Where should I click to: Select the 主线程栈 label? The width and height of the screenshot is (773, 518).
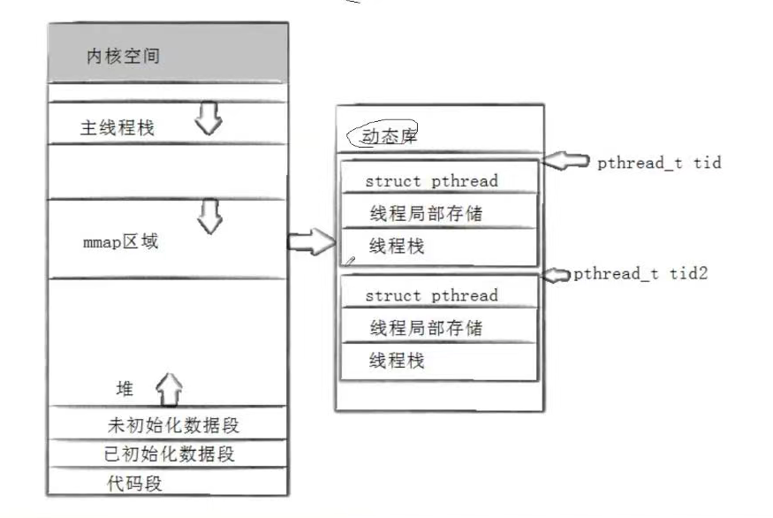pos(117,128)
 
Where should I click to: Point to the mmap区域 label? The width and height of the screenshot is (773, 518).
pos(121,241)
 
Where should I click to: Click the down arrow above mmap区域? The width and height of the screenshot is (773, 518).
pos(208,217)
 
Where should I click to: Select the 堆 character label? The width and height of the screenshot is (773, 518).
pos(125,389)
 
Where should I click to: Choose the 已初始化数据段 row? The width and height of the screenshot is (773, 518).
pos(170,454)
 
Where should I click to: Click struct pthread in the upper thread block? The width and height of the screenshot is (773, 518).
pos(431,181)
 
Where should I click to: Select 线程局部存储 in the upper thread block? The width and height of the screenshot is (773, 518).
pos(426,214)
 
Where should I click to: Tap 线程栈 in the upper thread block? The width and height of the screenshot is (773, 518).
pos(397,246)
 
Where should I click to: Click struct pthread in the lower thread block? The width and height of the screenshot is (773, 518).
pos(431,295)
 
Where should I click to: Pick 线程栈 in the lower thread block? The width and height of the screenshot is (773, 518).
pos(397,361)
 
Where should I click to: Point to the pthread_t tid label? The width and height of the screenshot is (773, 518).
pos(659,163)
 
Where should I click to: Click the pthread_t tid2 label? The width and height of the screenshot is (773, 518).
pos(640,273)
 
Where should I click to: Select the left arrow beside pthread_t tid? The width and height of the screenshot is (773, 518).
pos(565,161)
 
